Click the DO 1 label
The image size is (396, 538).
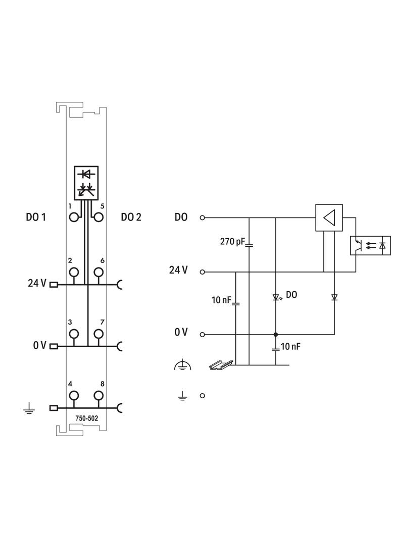tap(36, 218)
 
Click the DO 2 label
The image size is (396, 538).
tap(131, 218)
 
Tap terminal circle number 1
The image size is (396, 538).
tap(74, 218)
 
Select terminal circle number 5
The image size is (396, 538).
tap(98, 218)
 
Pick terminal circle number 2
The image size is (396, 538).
tap(74, 273)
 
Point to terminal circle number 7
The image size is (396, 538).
tap(98, 334)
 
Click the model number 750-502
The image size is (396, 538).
tap(87, 418)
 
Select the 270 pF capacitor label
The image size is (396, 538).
tap(232, 242)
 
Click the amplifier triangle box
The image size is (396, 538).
tap(329, 218)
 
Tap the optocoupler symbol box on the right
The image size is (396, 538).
tap(370, 245)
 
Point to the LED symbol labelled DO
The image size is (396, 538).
tap(276, 297)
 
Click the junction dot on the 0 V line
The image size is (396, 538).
tap(276, 334)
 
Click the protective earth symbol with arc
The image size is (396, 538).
tap(182, 365)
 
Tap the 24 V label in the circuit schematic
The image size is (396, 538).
tap(178, 271)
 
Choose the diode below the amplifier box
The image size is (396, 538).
tap(334, 297)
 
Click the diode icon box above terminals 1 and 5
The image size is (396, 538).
tap(86, 182)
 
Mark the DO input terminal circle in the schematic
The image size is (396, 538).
tap(203, 218)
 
